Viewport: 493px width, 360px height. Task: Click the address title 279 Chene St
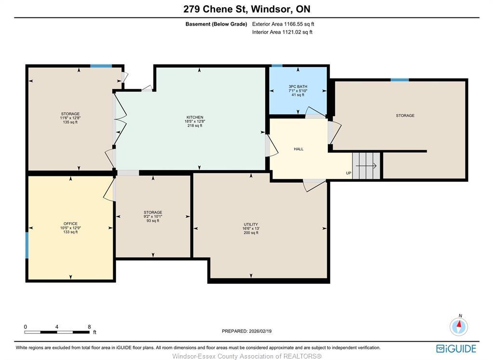246,9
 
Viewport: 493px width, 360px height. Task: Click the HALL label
298,149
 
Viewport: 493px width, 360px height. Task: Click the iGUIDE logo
456,348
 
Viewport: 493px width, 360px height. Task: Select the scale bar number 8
90,327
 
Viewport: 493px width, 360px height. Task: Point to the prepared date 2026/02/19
246,331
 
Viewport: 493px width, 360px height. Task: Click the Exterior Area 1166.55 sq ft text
283,24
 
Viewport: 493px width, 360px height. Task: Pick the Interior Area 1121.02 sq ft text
282,32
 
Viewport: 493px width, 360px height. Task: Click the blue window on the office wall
27,245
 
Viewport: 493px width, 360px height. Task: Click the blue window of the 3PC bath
277,66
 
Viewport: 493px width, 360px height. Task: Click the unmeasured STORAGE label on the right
405,116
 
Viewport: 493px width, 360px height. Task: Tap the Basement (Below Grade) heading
216,24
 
